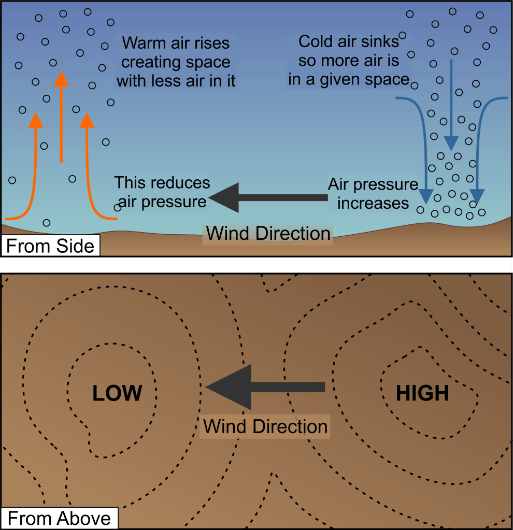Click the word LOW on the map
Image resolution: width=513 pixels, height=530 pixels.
click(117, 394)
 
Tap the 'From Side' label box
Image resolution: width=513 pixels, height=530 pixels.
click(50, 246)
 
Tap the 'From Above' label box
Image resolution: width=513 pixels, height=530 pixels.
click(59, 519)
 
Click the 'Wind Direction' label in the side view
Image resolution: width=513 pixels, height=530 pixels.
click(268, 233)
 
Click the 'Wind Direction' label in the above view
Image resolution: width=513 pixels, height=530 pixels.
click(265, 426)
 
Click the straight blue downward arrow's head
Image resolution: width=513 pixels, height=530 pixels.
click(452, 141)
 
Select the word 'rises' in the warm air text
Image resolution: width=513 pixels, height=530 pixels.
click(211, 42)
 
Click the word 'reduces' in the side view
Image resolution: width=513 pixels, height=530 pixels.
click(181, 183)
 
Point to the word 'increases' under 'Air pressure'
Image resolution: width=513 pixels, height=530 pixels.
click(373, 203)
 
